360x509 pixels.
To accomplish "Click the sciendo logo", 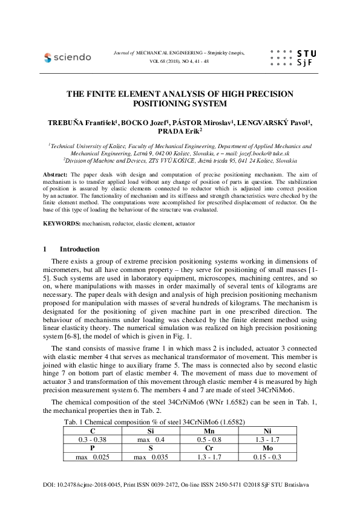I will tap(68, 57).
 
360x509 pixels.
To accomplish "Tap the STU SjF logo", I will tap(293, 58).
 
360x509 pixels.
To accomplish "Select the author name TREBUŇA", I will tap(65, 122).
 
